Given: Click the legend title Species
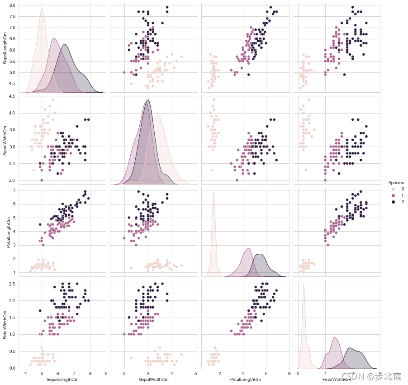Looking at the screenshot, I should pyautogui.click(x=395, y=183).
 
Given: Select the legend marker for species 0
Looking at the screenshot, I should pyautogui.click(x=393, y=189).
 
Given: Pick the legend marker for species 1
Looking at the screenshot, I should pyautogui.click(x=393, y=195).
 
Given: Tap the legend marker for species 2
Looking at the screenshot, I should pyautogui.click(x=393, y=202).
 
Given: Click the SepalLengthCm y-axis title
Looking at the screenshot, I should pyautogui.click(x=5, y=48).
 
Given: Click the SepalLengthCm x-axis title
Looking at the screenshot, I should pyautogui.click(x=63, y=379).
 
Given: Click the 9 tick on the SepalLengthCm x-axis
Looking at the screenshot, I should pyautogui.click(x=106, y=374).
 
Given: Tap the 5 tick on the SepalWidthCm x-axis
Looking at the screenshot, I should pyautogui.click(x=195, y=374).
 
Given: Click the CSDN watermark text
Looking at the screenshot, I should pyautogui.click(x=371, y=376).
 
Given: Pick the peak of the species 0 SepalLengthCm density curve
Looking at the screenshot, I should pyautogui.click(x=42, y=8).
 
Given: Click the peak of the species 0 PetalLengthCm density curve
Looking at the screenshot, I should pyautogui.click(x=213, y=192).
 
